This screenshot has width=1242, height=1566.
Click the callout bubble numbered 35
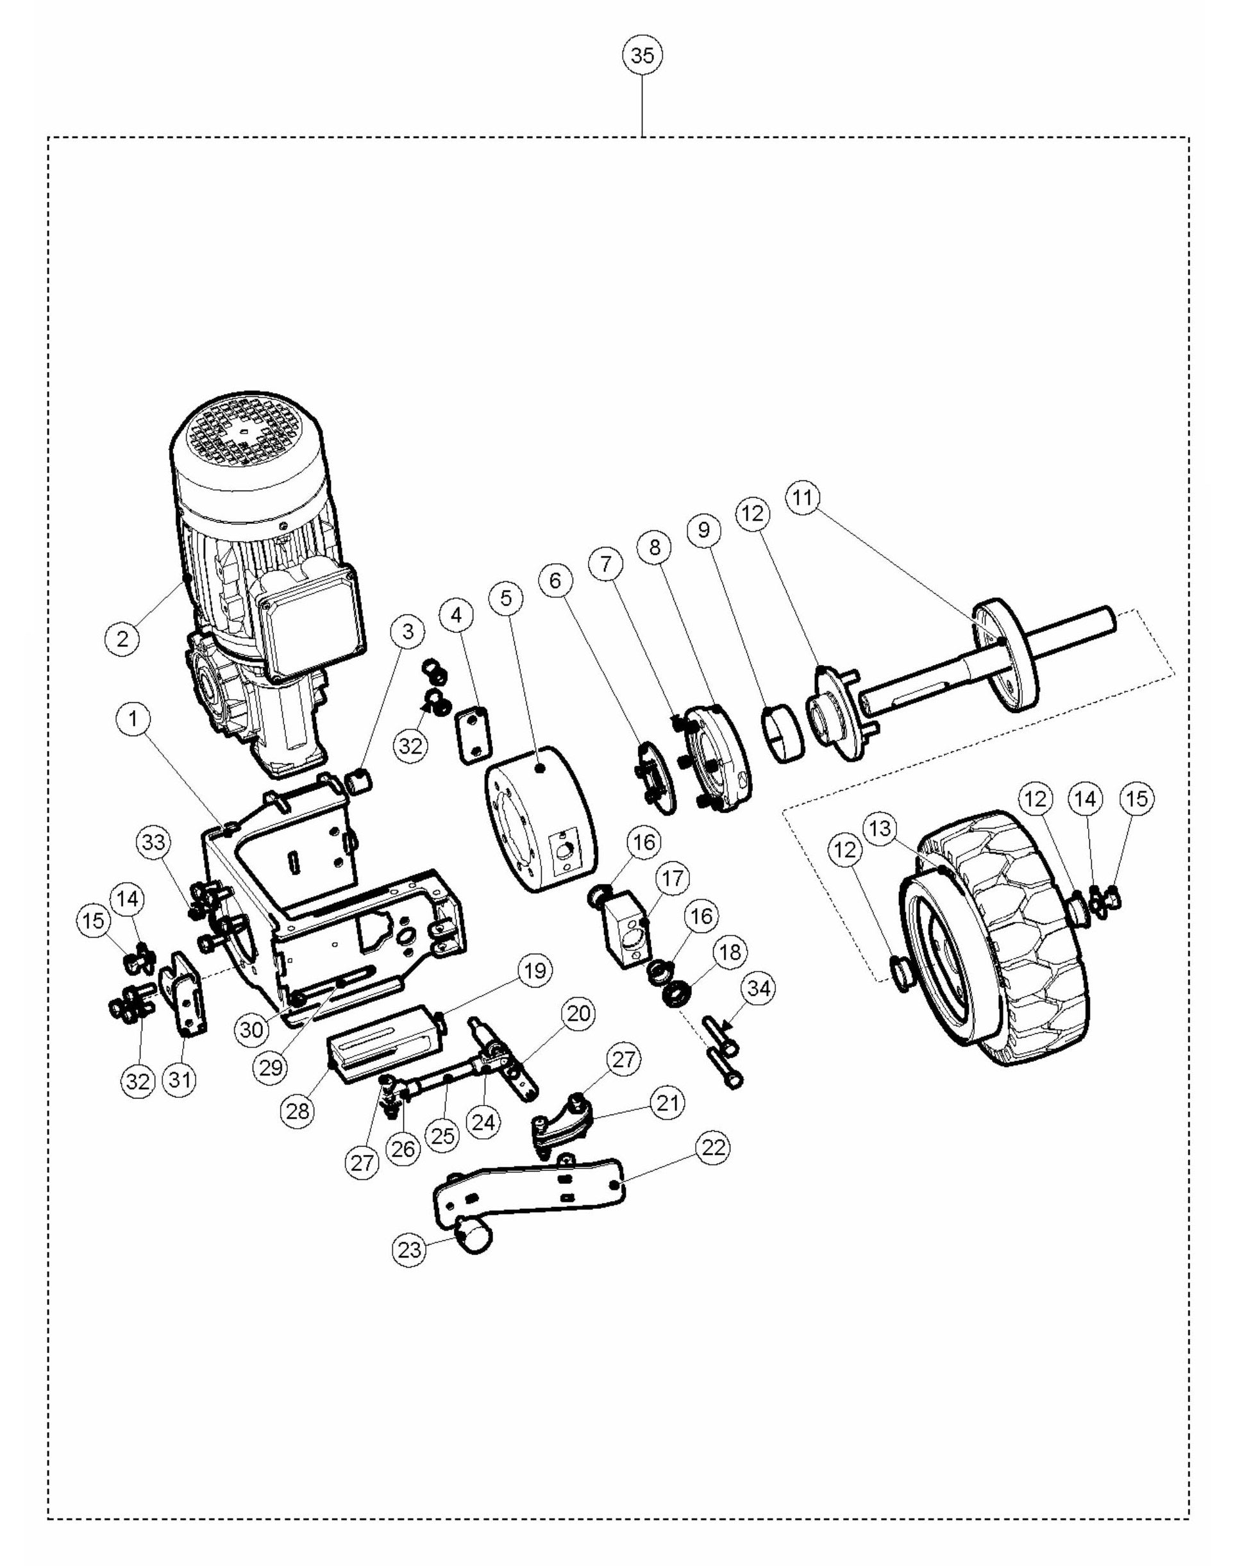coord(642,55)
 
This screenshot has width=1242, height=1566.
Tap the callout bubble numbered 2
coord(122,639)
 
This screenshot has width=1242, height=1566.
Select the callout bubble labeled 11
coord(803,498)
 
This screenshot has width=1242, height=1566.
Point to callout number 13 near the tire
coord(880,828)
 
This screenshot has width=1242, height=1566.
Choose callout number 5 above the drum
coord(507,598)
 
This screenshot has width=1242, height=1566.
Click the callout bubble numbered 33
coord(154,842)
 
